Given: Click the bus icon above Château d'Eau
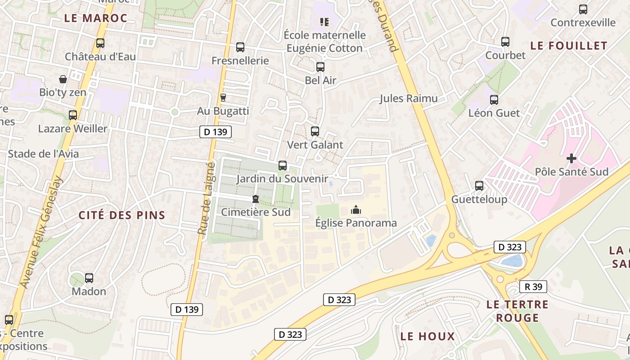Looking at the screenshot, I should [100, 43].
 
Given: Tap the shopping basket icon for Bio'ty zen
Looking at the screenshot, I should [63, 79].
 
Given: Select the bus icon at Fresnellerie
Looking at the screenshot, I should [240, 47].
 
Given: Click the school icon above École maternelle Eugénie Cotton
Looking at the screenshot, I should [324, 22].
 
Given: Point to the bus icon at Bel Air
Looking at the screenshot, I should [320, 67].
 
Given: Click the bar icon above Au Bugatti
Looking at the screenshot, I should [223, 97].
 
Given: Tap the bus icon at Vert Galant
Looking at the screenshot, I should [315, 131].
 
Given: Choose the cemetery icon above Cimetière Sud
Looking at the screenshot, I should [256, 198].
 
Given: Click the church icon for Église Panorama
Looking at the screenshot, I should [356, 210].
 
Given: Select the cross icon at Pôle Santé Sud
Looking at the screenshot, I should [571, 158].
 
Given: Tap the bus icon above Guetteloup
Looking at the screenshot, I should [479, 186].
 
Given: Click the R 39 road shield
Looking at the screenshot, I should [533, 287].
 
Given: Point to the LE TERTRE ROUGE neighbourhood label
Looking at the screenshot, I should [517, 311].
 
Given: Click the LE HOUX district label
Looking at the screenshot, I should [427, 336].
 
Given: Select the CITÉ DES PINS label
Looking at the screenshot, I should [122, 215].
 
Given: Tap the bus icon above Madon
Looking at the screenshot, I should [89, 278].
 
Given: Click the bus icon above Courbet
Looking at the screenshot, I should [505, 42].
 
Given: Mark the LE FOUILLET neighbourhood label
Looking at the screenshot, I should [569, 45].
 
